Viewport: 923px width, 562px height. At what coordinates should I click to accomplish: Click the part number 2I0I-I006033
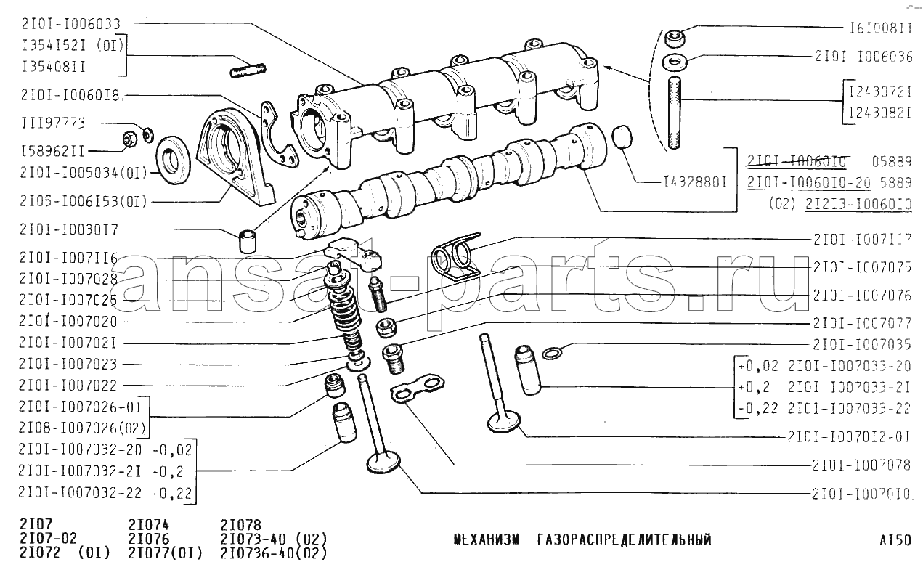71,24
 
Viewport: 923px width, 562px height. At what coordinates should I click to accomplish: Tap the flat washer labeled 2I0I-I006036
675,62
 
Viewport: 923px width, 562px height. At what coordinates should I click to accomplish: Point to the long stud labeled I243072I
674,113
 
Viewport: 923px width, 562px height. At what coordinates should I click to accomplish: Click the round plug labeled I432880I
622,137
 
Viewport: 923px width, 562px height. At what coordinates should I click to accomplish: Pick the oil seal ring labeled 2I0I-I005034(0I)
173,160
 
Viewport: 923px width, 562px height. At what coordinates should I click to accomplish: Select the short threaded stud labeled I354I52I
248,70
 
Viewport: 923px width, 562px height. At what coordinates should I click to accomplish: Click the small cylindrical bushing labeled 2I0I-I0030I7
247,242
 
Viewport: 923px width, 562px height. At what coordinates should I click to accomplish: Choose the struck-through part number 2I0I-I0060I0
796,161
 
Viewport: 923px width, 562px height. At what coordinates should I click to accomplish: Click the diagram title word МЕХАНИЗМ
487,539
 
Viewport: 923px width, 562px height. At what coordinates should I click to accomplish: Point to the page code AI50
895,539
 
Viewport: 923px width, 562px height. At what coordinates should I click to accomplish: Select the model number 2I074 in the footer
148,525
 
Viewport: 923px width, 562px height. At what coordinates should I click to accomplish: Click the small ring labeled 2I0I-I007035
553,353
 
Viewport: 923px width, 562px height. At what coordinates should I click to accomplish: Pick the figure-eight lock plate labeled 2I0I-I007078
417,388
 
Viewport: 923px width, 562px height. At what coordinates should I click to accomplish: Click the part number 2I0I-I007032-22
80,493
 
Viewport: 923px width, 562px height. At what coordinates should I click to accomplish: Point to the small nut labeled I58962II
131,139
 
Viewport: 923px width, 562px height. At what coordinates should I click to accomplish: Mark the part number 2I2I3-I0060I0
858,204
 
